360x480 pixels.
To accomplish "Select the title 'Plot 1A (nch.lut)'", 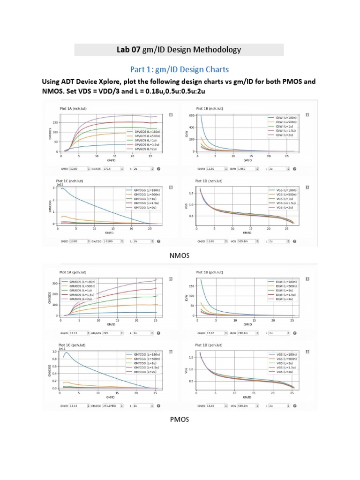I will (73, 109).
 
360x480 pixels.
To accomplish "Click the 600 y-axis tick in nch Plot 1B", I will (190, 115).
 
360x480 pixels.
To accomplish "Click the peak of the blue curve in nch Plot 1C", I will (62, 188).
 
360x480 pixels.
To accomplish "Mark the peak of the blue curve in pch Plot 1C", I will (67, 352).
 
